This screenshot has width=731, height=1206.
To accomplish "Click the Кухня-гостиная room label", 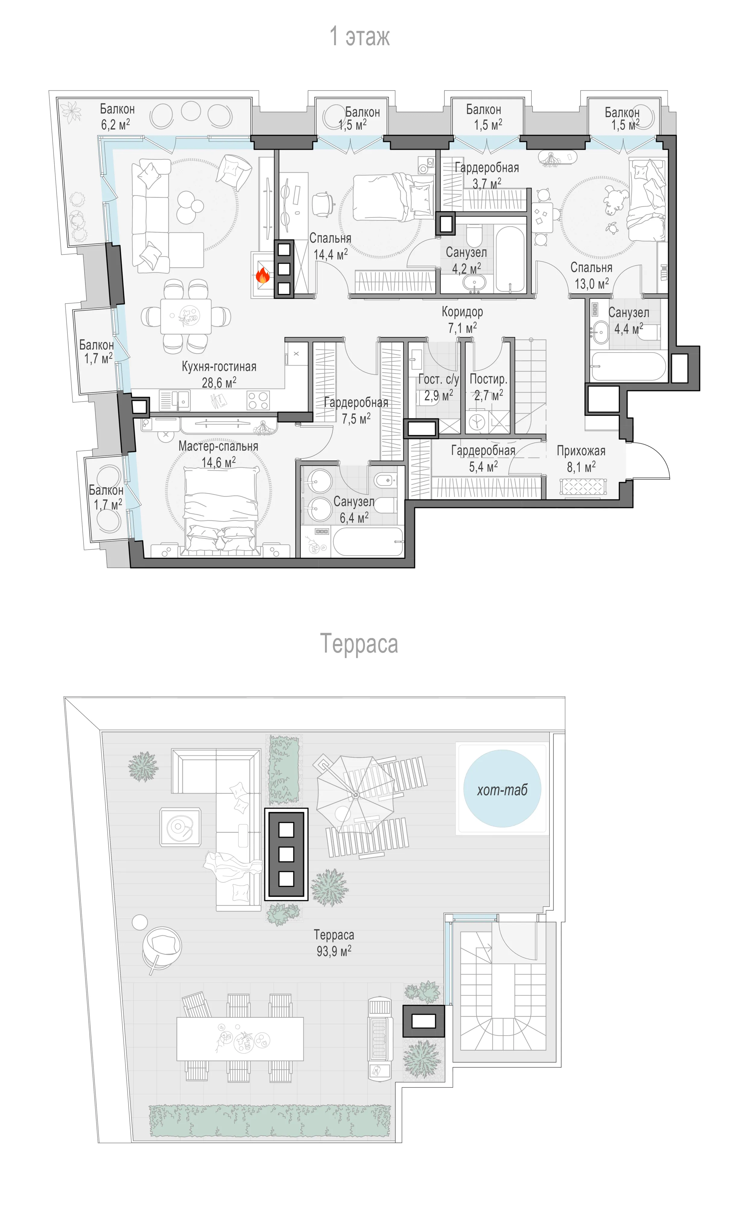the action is [x=219, y=367].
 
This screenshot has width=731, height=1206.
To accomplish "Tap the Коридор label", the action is [x=462, y=312].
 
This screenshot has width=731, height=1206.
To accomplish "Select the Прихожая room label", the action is [x=581, y=451].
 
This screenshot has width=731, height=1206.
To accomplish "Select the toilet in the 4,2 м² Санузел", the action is [x=473, y=235].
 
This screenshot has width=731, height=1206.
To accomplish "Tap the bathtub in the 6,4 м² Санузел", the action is [x=368, y=541].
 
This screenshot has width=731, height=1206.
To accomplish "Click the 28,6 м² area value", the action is [x=219, y=382].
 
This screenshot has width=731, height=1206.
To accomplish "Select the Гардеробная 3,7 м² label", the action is [x=487, y=175].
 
